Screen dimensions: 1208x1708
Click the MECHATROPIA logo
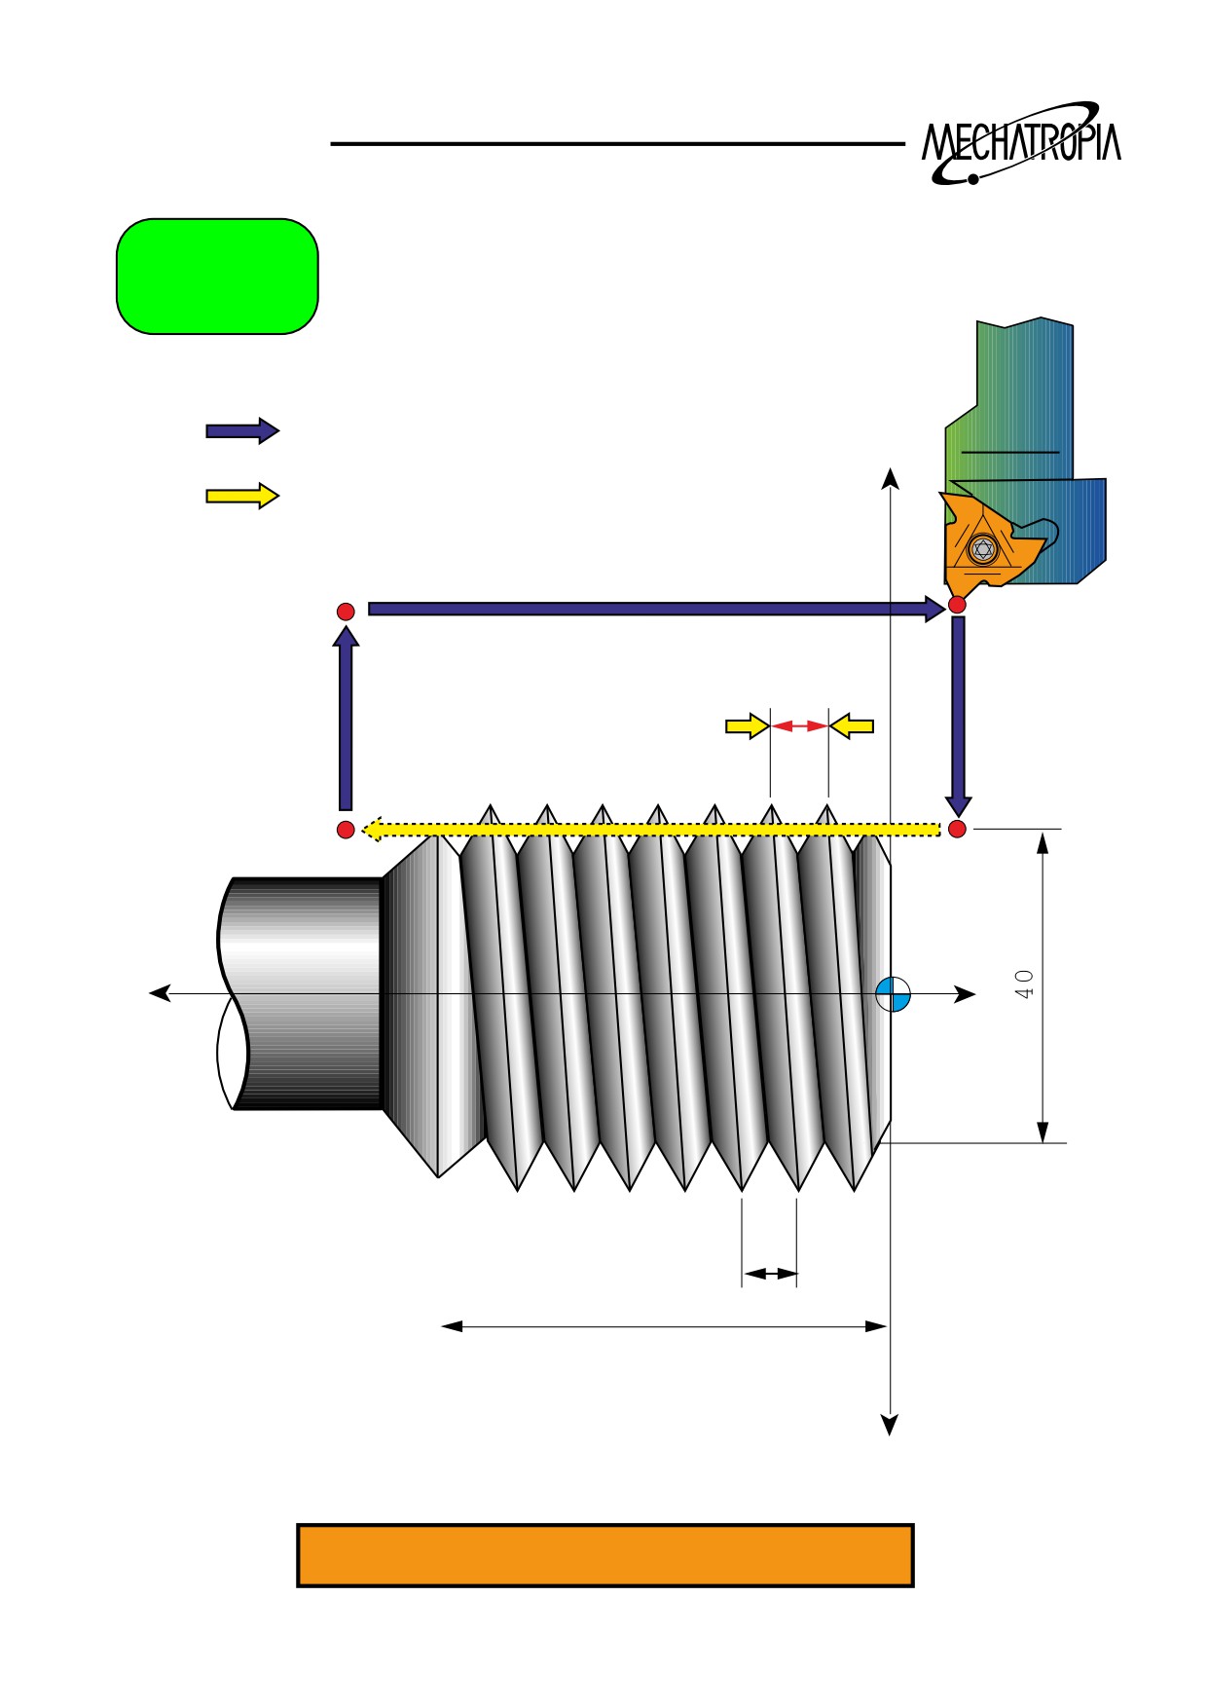1021,143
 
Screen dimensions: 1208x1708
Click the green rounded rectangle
217,277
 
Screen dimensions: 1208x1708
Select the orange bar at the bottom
604,1555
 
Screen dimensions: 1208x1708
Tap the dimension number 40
1024,984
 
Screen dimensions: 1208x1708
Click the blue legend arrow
242,430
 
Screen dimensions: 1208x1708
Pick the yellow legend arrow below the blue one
242,496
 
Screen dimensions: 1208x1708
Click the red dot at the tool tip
957,605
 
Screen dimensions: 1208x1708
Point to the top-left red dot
346,612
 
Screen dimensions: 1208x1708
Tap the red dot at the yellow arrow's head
346,830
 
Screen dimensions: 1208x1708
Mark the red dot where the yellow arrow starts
957,829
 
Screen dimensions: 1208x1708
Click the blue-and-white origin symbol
893,994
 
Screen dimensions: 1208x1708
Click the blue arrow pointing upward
346,719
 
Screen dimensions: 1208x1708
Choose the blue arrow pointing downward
958,717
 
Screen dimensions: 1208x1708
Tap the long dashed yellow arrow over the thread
650,830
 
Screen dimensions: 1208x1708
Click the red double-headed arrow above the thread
799,725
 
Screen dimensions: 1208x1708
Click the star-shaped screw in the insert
983,549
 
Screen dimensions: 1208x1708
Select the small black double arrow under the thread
770,1273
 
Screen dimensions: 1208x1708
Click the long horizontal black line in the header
618,144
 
